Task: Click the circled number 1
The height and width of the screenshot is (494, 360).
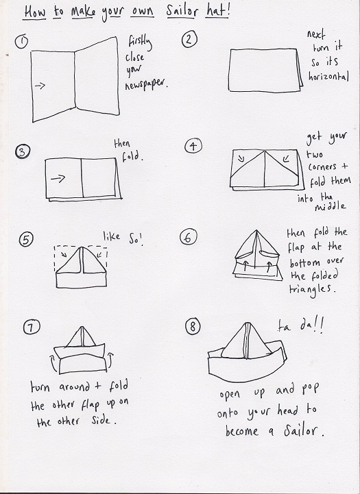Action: click(21, 42)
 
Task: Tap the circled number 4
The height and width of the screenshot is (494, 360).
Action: click(193, 146)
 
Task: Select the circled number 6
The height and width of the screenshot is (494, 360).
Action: click(188, 237)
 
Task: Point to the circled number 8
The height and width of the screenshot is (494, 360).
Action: click(192, 326)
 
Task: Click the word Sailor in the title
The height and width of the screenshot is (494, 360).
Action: click(182, 11)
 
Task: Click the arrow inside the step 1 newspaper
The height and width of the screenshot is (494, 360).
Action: click(40, 86)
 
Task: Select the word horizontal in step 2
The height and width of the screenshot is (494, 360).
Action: click(328, 76)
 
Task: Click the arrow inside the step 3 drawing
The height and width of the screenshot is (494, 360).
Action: click(58, 179)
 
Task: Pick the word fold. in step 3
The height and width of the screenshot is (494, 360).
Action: click(132, 156)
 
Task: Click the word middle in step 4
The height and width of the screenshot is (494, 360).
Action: click(330, 206)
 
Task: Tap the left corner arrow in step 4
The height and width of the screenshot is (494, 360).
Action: click(241, 158)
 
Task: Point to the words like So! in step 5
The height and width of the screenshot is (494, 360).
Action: click(123, 237)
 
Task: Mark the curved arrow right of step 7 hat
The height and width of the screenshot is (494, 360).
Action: click(110, 360)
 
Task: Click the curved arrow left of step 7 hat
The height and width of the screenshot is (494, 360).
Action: click(53, 363)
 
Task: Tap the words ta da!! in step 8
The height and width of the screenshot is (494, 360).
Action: click(300, 326)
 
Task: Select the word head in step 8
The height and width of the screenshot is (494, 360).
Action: click(287, 410)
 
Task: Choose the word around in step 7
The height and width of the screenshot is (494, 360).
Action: click(74, 387)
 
